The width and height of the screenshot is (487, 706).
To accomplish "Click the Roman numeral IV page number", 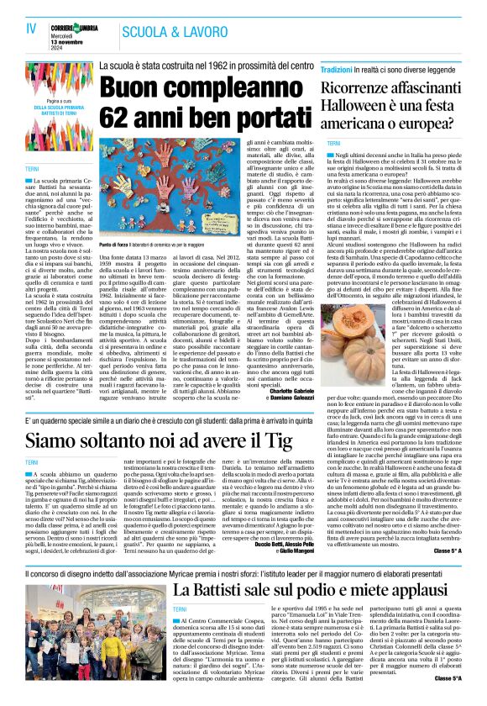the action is tap(32, 29).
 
